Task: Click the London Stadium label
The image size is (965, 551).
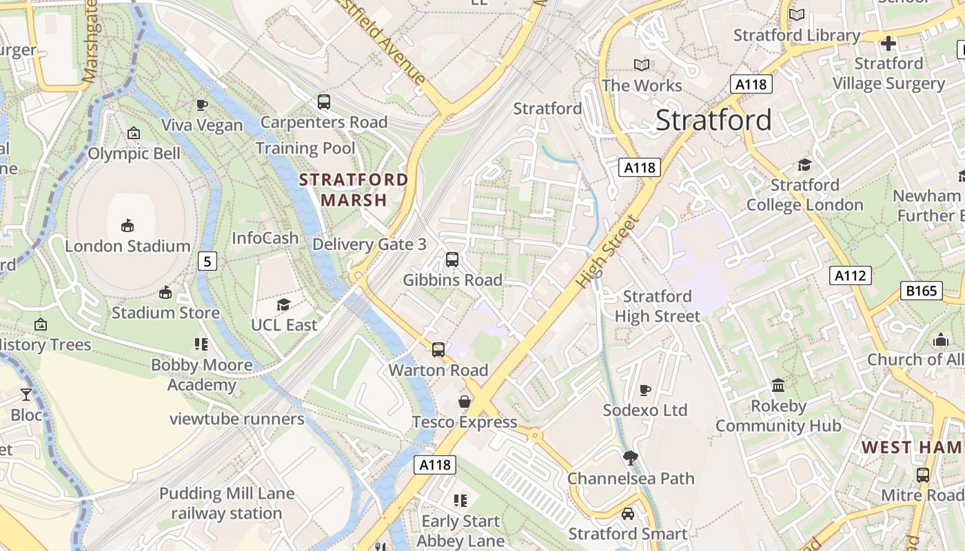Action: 128,246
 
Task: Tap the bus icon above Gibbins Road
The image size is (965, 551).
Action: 452,260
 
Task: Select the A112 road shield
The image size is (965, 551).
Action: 850,276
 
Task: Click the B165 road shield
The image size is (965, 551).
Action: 922,291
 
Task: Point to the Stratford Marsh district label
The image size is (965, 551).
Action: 354,190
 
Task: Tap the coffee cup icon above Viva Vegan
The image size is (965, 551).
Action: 202,105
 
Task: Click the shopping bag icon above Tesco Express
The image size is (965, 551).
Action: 465,402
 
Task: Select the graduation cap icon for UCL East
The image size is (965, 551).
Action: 283,304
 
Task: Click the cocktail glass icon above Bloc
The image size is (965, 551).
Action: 26,395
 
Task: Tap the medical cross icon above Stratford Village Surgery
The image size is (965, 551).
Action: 888,43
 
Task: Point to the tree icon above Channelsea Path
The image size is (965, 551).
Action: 630,457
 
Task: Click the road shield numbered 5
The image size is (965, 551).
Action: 207,261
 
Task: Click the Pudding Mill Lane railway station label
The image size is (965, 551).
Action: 227,503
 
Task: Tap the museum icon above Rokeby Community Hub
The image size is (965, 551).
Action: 778,386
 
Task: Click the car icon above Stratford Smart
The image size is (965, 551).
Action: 628,513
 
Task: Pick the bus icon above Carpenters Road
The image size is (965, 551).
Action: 324,102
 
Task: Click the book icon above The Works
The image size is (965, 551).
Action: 642,65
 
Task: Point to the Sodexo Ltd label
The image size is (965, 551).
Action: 645,410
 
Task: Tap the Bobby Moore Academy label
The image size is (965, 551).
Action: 202,375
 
